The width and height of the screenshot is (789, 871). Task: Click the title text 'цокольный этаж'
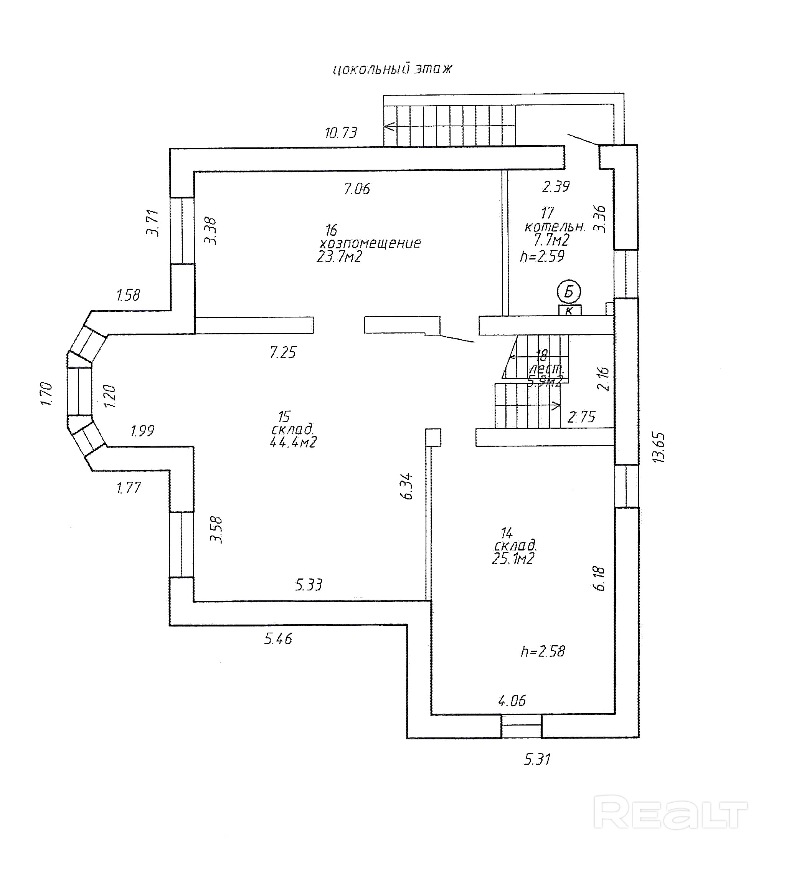tap(392, 69)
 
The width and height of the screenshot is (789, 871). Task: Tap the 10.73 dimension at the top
tap(341, 132)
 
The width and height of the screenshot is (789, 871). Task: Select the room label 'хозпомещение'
tap(370, 243)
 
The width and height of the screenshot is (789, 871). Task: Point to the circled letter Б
tap(569, 293)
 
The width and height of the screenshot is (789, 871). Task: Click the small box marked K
tap(569, 311)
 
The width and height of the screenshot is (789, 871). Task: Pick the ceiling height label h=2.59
tap(542, 256)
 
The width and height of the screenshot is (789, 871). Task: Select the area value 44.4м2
tap(293, 443)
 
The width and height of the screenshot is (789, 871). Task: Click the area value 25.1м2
tap(513, 559)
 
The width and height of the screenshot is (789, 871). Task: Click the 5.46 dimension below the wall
tap(278, 638)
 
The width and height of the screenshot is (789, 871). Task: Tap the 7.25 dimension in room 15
tap(283, 352)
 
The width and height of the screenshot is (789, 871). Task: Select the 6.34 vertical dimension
tap(408, 486)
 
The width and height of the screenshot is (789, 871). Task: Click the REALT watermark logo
tap(670, 814)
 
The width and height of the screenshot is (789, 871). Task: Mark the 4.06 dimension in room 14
tap(512, 700)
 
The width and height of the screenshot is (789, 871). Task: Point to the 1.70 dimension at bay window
tap(47, 393)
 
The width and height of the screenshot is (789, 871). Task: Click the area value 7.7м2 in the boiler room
tap(552, 240)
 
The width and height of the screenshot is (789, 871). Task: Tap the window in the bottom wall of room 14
tap(521, 726)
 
